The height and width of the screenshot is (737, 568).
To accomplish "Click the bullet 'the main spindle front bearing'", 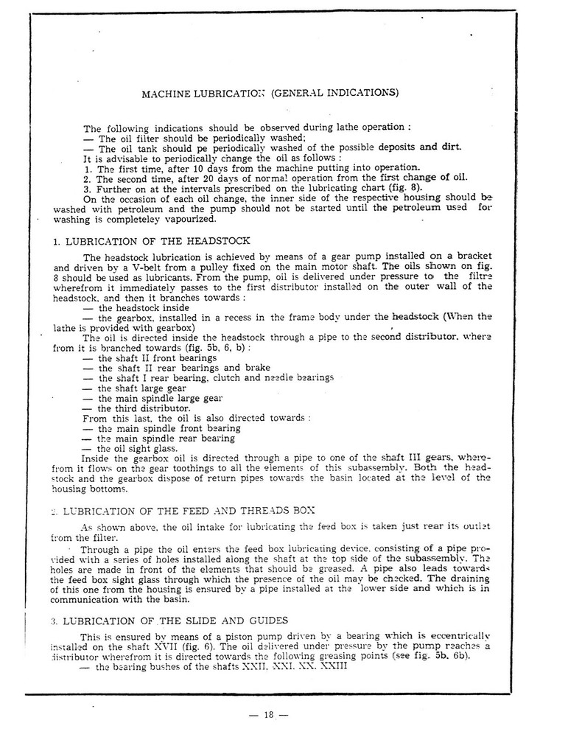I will pos(161,427).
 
